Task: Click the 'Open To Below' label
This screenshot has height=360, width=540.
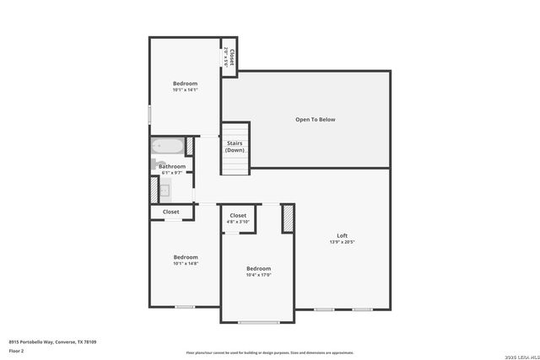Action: [315, 120]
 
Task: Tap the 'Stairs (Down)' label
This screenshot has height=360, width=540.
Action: [235, 147]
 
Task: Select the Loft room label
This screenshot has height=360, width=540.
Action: [342, 235]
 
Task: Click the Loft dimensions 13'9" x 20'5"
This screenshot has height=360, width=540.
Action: [342, 242]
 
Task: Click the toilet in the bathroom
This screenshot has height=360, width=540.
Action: [154, 164]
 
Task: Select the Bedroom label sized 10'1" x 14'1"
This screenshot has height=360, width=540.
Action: [185, 83]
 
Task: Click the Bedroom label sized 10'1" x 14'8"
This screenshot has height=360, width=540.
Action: [186, 257]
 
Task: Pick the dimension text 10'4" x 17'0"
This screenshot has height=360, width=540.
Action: [258, 275]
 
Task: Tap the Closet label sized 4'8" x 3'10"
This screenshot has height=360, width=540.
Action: [238, 216]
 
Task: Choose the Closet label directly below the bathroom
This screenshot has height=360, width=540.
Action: [170, 212]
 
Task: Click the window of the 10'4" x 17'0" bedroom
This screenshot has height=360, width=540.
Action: [253, 322]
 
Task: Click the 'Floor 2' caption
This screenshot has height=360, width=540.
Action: [16, 350]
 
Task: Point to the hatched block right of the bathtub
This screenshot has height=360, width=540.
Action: [190, 146]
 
